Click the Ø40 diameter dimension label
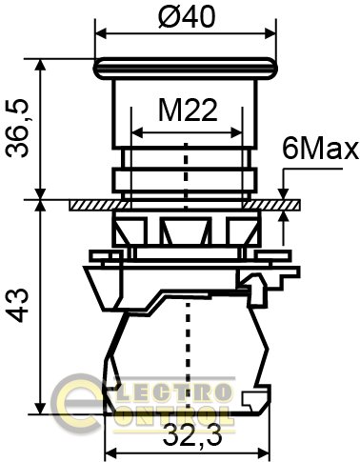[x=187, y=16]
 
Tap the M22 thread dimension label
[x=188, y=110]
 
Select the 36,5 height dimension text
[x=18, y=129]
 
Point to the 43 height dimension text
[x=18, y=305]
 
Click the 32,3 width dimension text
[x=192, y=436]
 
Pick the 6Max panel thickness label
[x=320, y=150]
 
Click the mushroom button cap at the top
[x=186, y=68]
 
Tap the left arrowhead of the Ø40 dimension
[x=101, y=32]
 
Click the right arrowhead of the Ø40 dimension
[x=271, y=32]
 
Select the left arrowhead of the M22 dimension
[x=137, y=132]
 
